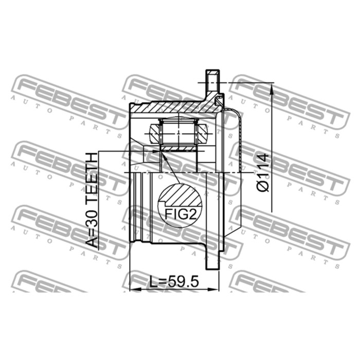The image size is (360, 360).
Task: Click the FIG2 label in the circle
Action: pyautogui.click(x=181, y=214)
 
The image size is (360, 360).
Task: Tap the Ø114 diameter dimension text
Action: pyautogui.click(x=263, y=173)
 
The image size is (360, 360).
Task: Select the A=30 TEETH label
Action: pyautogui.click(x=92, y=200)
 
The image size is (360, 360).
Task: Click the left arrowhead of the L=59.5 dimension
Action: pyautogui.click(x=135, y=289)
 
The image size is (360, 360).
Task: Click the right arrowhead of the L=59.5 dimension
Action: pyautogui.click(x=213, y=289)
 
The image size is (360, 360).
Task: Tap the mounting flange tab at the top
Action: pyautogui.click(x=212, y=80)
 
